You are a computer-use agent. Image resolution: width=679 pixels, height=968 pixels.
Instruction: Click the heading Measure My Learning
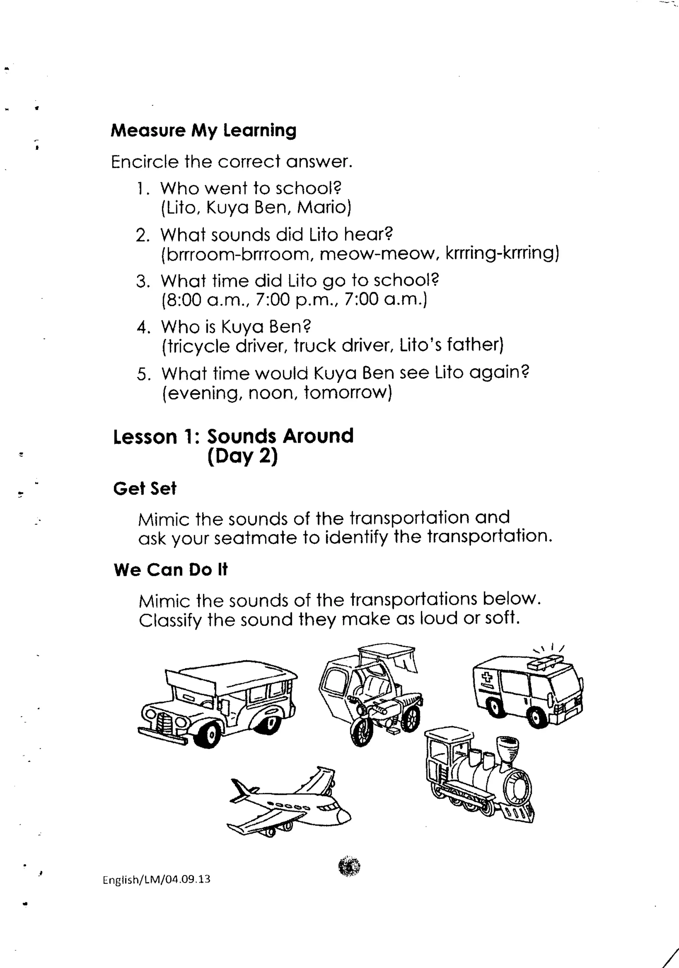click(204, 130)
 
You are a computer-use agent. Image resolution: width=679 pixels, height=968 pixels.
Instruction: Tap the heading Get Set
click(145, 488)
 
